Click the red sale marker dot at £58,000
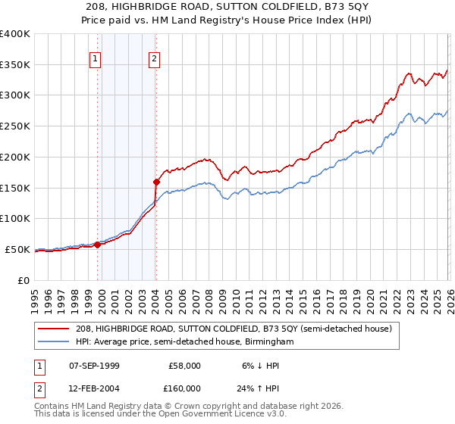97,245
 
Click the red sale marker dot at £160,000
156,182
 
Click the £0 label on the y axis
23,280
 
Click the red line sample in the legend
55,329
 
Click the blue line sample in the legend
55,342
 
